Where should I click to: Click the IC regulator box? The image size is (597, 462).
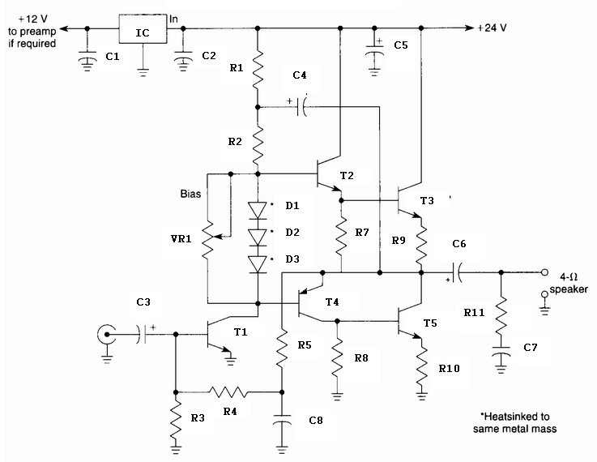pos(143,29)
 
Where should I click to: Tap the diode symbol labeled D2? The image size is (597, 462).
pos(258,237)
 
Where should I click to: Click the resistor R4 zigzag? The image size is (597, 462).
pos(228,392)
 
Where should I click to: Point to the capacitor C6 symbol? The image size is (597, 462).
pos(457,272)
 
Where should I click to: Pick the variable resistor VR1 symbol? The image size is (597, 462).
pos(207,241)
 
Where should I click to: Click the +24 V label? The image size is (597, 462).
pos(492,28)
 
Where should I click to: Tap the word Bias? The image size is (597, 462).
pos(190,194)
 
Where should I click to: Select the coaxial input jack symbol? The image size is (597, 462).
pos(107,335)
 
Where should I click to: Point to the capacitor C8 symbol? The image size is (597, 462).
pos(282,419)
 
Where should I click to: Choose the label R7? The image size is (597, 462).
pos(362,232)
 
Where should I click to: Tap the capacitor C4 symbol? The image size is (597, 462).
pos(301,108)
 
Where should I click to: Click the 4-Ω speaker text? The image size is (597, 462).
pos(569,284)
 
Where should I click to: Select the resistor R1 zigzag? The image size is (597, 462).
pos(258,69)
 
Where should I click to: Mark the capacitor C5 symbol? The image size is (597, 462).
pos(375,50)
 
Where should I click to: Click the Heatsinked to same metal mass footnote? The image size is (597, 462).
pos(514,422)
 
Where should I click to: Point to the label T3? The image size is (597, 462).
pos(427,201)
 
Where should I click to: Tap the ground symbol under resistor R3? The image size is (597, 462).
pos(176,449)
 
